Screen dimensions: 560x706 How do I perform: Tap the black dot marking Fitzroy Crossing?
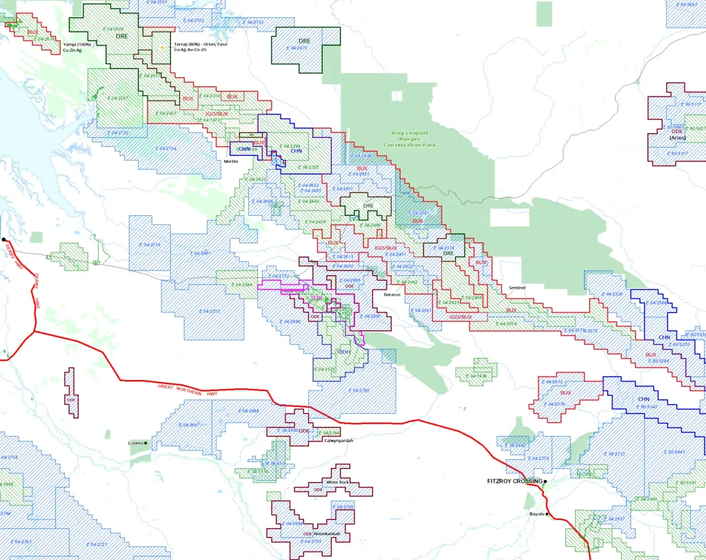coord(545,481)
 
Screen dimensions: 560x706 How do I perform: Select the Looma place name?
coord(135,443)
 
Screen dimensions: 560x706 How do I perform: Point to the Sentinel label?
coord(517,287)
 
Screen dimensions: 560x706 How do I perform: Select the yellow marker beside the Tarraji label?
coord(161,47)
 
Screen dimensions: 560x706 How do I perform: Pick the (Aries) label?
coord(677,138)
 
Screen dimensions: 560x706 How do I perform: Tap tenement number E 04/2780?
coord(356,390)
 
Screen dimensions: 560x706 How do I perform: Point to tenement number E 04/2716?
coord(150,245)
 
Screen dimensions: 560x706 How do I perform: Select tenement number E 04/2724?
coord(166,149)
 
